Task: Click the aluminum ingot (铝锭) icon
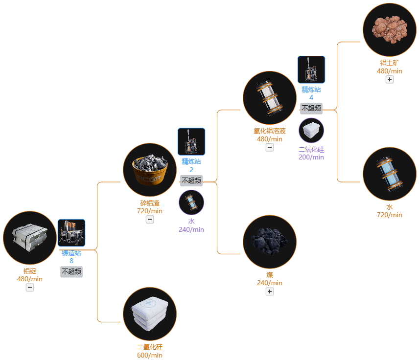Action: click(x=30, y=238)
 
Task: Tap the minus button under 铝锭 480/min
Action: click(x=30, y=288)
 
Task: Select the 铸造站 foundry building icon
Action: click(x=71, y=233)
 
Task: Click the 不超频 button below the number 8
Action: click(x=71, y=271)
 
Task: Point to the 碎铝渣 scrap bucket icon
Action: click(x=150, y=170)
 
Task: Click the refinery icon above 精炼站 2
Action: click(x=191, y=141)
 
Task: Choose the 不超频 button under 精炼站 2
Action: click(x=191, y=180)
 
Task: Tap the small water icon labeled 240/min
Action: click(x=191, y=202)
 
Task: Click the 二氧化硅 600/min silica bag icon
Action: click(x=150, y=314)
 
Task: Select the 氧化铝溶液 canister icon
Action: click(x=270, y=98)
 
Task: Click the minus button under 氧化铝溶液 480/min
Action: click(x=270, y=147)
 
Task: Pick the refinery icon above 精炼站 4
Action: click(x=311, y=69)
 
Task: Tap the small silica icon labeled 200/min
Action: click(x=311, y=130)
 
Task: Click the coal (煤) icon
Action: click(x=270, y=242)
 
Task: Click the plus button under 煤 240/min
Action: click(x=270, y=292)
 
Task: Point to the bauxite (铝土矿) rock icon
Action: click(x=390, y=30)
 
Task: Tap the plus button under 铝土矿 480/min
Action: click(x=390, y=80)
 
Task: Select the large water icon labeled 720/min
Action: click(x=390, y=174)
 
